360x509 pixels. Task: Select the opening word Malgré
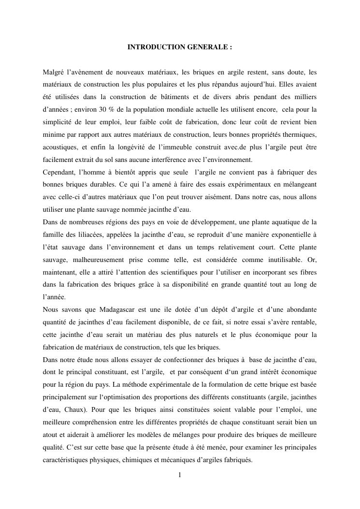tap(53, 73)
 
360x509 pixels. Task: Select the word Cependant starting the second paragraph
tap(59, 173)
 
